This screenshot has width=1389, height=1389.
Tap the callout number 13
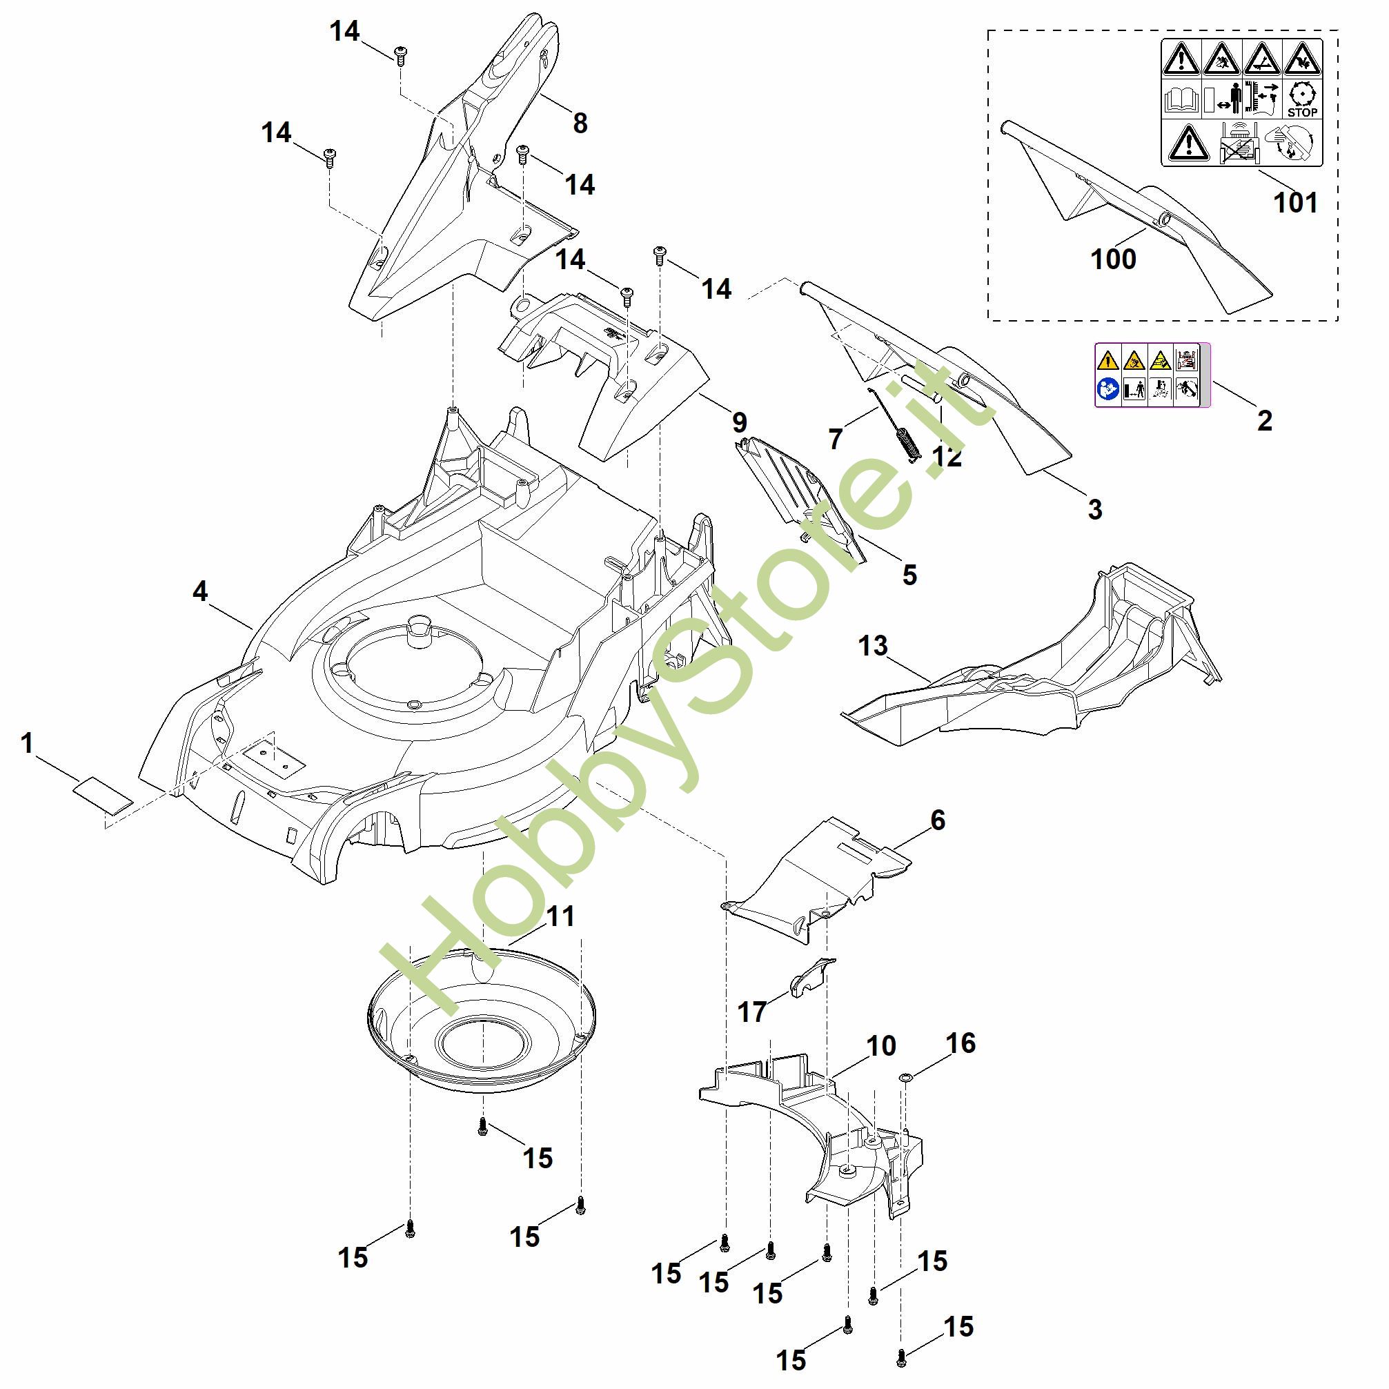[x=873, y=646]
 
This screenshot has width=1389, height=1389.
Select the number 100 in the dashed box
[x=1114, y=259]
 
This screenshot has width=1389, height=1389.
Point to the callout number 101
[x=1296, y=203]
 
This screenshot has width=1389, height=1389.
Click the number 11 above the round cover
[x=562, y=916]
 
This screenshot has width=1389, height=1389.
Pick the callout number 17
[x=753, y=1012]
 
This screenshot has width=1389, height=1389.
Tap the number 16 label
[x=961, y=1043]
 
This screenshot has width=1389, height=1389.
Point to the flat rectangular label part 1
[x=104, y=795]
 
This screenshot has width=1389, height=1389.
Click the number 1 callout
[x=28, y=743]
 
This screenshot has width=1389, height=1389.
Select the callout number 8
[x=580, y=124]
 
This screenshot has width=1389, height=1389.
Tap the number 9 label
[x=739, y=422]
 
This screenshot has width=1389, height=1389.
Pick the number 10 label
[x=881, y=1046]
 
